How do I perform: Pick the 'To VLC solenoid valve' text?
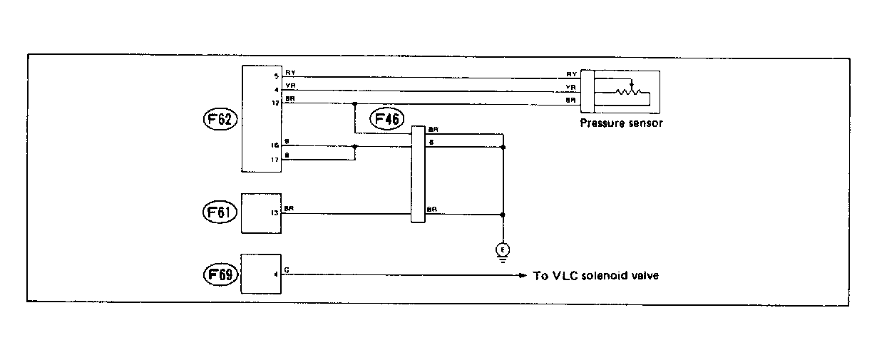pos(595,275)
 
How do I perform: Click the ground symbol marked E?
pos(503,249)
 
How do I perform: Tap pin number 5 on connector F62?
pos(275,76)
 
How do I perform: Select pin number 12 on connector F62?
pos(275,103)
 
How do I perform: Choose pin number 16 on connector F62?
pos(275,146)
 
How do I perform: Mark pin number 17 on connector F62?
pos(275,160)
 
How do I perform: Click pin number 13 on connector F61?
pos(275,213)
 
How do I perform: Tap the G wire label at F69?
pos(287,270)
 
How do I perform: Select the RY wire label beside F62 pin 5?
pos(289,73)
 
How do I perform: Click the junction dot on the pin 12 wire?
pos(355,104)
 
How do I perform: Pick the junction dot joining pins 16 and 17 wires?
pos(355,146)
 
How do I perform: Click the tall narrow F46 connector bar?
pos(418,174)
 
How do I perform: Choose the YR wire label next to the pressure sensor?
pos(571,87)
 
